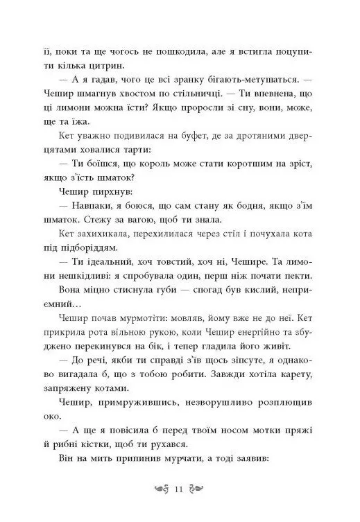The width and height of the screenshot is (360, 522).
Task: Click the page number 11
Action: pyautogui.click(x=180, y=493)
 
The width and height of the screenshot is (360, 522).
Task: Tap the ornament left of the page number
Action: pyautogui.click(x=162, y=493)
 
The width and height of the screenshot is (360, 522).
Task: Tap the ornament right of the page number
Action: pyautogui.click(x=198, y=493)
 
